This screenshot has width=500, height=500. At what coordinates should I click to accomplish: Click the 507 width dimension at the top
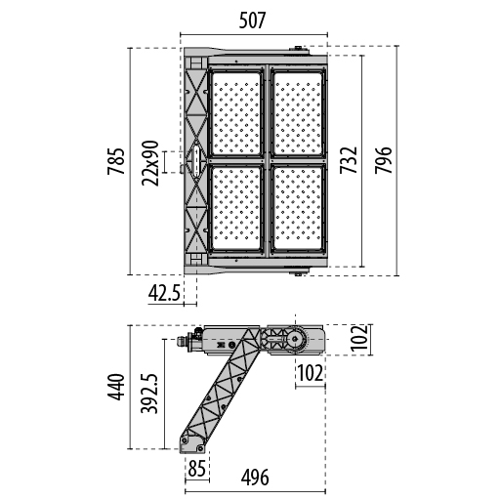click(x=253, y=21)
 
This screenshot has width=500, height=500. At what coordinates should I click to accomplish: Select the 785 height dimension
click(x=116, y=161)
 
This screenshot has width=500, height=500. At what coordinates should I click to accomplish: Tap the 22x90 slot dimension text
click(x=150, y=163)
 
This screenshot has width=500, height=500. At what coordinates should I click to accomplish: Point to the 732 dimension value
click(x=349, y=160)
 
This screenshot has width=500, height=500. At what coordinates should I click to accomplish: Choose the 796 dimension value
click(x=384, y=160)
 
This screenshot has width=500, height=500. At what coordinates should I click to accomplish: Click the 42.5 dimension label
click(x=164, y=294)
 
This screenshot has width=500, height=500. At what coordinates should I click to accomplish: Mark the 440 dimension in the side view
click(x=116, y=387)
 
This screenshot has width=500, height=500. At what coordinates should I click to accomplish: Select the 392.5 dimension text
click(x=149, y=394)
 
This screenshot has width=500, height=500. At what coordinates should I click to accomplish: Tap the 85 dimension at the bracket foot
click(x=197, y=469)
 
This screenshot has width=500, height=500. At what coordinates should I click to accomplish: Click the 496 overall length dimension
click(x=255, y=478)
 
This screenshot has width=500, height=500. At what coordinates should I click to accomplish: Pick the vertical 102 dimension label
click(x=359, y=338)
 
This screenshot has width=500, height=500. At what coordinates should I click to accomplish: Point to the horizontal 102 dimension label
click(x=311, y=373)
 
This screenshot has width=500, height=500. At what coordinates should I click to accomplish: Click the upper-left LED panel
click(x=236, y=113)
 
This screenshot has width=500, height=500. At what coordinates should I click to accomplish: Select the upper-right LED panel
click(x=298, y=113)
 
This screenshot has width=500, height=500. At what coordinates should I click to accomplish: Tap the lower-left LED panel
click(x=236, y=208)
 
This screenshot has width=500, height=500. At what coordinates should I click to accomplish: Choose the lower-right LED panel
click(x=298, y=208)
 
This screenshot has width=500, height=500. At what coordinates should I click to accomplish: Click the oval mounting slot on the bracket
click(x=196, y=161)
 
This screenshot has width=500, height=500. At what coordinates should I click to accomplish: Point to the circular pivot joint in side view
click(x=295, y=340)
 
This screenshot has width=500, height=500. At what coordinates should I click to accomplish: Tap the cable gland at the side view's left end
click(x=182, y=341)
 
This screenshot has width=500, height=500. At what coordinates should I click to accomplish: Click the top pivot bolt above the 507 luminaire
click(x=298, y=48)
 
